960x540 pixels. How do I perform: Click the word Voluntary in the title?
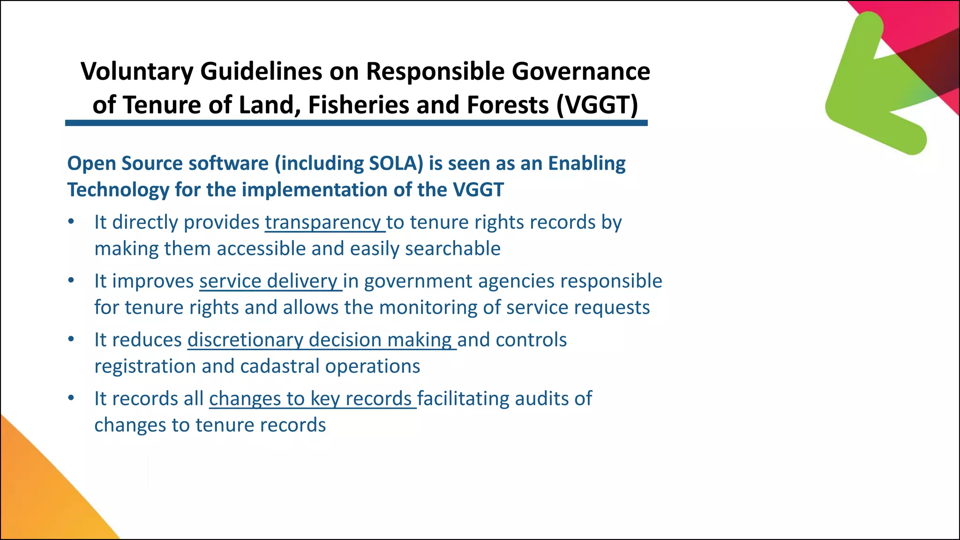[x=137, y=72]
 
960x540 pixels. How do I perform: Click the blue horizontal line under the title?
[x=356, y=123]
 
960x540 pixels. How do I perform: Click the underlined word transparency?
[x=323, y=222]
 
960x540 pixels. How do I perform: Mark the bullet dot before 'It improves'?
[x=71, y=280]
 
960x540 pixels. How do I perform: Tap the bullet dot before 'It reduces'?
[x=71, y=339]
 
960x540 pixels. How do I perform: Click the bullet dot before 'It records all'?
[x=71, y=398]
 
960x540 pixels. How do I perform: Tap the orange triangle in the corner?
[x=37, y=497]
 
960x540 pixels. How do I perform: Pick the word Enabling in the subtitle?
[x=587, y=163]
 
